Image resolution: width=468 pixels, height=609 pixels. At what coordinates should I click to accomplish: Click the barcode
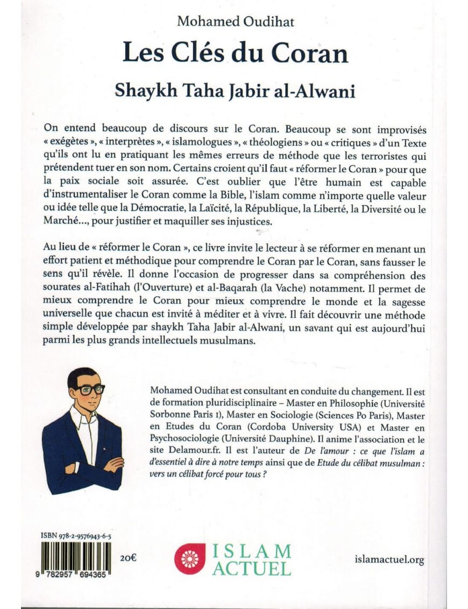tap(73, 560)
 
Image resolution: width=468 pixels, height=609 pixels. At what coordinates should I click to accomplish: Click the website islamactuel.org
tap(389, 559)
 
